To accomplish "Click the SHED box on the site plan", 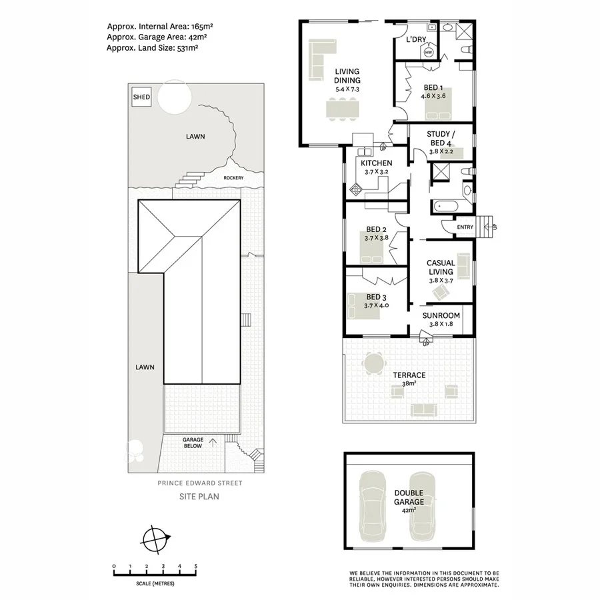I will click(x=141, y=97).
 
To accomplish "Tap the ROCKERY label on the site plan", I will click(x=233, y=178).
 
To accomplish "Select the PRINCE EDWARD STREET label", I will click(x=199, y=483).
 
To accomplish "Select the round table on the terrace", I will click(x=373, y=365).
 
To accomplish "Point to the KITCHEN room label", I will click(x=376, y=163).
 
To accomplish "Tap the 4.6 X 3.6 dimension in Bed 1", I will click(x=433, y=96).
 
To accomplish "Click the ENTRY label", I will click(x=465, y=227).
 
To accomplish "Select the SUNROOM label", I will click(x=441, y=315).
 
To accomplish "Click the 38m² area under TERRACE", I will click(x=408, y=383).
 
